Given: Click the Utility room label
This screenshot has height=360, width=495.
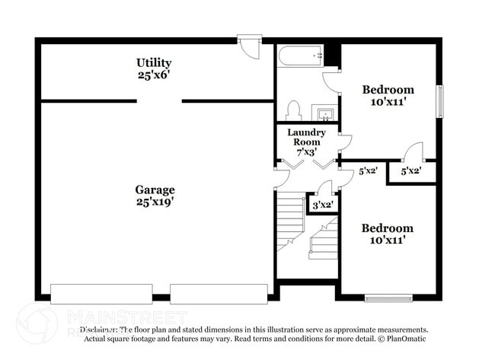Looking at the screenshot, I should (x=154, y=68).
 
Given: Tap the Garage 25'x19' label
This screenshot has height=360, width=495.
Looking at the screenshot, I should (x=155, y=196).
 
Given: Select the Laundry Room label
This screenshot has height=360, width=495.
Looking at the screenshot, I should (x=307, y=142).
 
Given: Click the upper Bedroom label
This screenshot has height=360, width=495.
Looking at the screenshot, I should (x=388, y=95).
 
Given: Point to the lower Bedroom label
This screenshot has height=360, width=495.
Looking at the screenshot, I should (x=388, y=234).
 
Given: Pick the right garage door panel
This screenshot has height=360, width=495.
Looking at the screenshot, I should (x=219, y=293).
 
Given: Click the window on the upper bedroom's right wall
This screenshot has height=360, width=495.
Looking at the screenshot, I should (x=439, y=100).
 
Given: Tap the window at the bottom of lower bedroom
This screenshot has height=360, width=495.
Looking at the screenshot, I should (x=388, y=297).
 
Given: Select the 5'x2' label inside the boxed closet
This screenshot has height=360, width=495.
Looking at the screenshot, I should (x=411, y=172).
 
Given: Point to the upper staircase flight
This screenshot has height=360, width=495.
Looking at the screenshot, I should (x=289, y=221).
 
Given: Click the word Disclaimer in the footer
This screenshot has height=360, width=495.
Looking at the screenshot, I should (x=98, y=330).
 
